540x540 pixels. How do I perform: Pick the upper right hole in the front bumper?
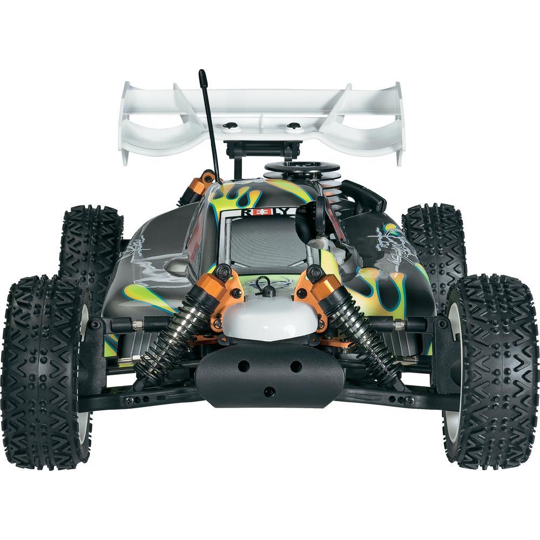(x=295, y=366)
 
